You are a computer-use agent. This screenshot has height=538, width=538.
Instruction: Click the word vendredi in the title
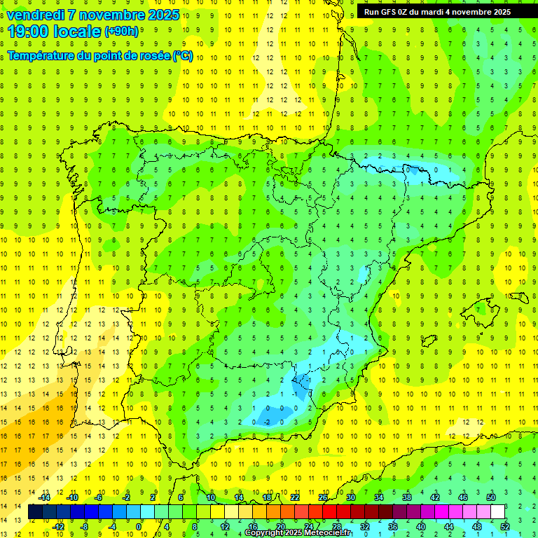point(37,15)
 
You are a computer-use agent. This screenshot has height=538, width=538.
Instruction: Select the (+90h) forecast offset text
point(121,32)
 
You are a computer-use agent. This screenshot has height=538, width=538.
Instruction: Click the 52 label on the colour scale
point(505,527)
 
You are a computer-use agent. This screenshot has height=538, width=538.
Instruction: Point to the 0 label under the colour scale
point(139,527)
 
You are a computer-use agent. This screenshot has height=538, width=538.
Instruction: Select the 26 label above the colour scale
point(322,497)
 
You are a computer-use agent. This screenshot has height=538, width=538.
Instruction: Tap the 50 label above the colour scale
point(490,497)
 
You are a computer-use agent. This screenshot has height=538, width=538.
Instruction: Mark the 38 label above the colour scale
point(406,497)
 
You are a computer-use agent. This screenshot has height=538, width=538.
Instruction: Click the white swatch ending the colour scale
point(497,512)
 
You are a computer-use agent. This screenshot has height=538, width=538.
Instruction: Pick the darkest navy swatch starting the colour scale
point(35,512)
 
